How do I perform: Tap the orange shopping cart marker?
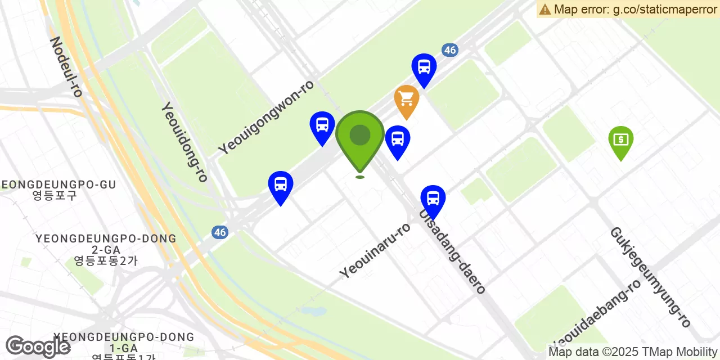(x=407, y=100)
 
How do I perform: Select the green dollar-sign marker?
(x=620, y=141)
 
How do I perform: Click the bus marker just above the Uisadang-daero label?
(x=433, y=200)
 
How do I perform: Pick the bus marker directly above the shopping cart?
(x=424, y=69)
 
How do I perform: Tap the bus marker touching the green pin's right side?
(x=398, y=140)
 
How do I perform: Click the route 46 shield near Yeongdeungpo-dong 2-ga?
(x=220, y=232)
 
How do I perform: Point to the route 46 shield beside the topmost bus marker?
(x=449, y=50)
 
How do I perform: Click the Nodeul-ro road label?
(x=66, y=66)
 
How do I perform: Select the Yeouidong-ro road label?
(x=184, y=142)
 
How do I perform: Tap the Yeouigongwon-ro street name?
(x=266, y=116)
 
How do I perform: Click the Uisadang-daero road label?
(x=452, y=251)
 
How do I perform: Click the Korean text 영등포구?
(x=55, y=196)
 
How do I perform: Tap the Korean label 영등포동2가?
(x=106, y=260)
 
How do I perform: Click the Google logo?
(x=38, y=346)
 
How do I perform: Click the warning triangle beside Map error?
(x=544, y=9)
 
